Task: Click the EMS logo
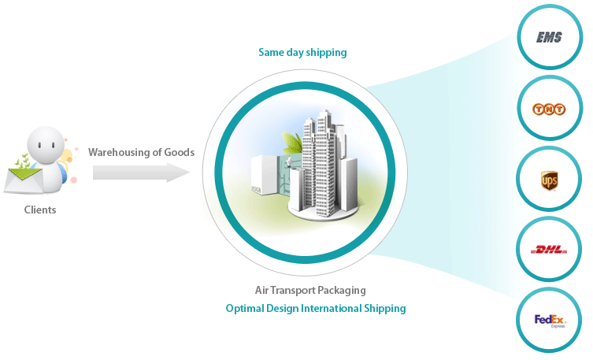tap(549, 37)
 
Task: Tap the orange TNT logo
tap(549, 109)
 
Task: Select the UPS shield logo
tap(549, 182)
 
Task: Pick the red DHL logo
tap(549, 251)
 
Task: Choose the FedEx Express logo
tap(550, 320)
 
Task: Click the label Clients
tap(40, 210)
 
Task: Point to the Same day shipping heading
tap(302, 53)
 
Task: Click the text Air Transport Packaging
tap(310, 290)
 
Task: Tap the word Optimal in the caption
tap(244, 308)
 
